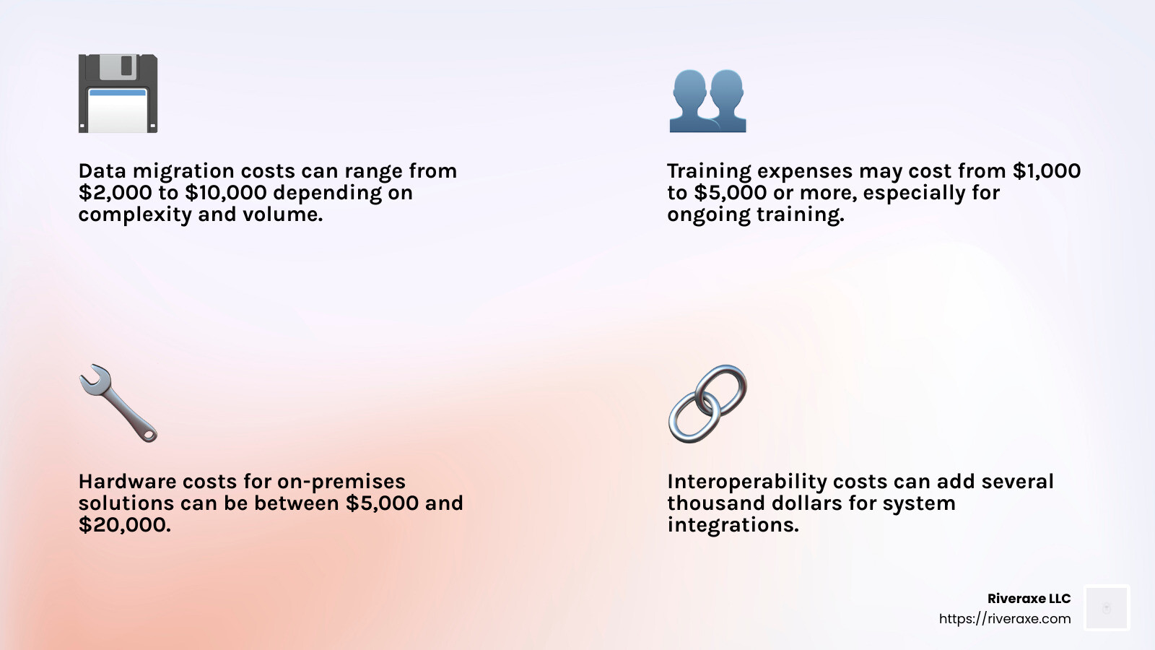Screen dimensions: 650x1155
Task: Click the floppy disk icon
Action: click(x=118, y=94)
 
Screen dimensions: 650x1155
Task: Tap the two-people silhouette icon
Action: click(x=707, y=101)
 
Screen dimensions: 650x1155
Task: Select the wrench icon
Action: click(x=118, y=403)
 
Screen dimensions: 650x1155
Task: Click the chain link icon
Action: click(x=707, y=403)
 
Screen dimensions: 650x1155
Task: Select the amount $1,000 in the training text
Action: click(x=1046, y=171)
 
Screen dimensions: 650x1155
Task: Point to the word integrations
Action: click(x=732, y=525)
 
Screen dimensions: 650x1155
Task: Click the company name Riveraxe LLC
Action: click(x=1029, y=599)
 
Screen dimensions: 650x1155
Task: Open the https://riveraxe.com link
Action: click(x=1005, y=619)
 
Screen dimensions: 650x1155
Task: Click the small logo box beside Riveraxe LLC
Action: click(x=1107, y=608)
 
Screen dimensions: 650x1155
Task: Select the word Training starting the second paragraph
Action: click(x=709, y=171)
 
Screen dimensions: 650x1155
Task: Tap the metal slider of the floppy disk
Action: click(x=118, y=66)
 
